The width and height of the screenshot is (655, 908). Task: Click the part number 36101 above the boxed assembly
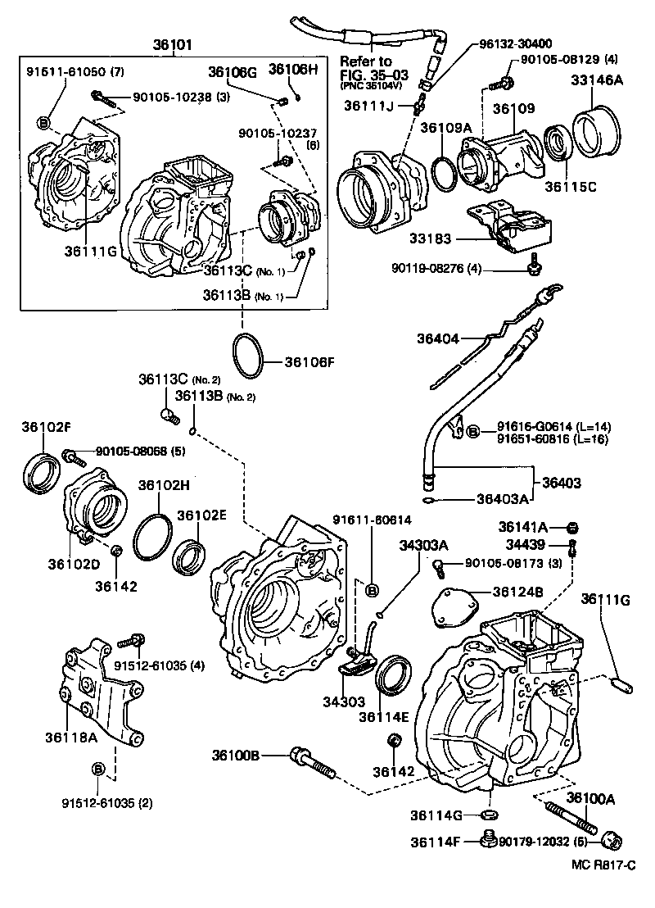pos(173,44)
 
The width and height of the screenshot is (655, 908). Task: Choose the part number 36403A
pos(503,498)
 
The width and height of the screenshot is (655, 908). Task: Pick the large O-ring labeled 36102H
pos(151,537)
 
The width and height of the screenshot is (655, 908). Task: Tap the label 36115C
pos(570,186)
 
